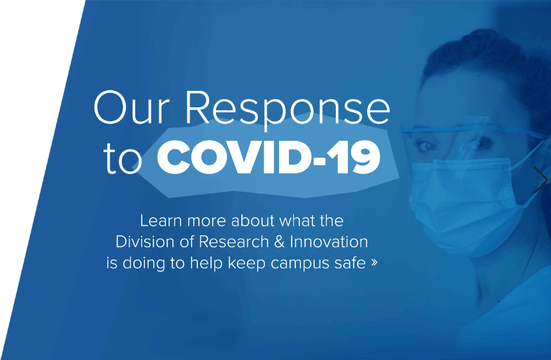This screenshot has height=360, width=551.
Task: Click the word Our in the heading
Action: [x=132, y=107]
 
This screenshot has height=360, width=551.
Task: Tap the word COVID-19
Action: [x=269, y=156]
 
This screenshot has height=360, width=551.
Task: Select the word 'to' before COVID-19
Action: [x=122, y=159]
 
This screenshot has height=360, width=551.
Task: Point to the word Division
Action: [x=145, y=242]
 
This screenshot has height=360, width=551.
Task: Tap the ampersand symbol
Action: [x=279, y=242]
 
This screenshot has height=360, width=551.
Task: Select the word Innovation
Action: [x=329, y=242]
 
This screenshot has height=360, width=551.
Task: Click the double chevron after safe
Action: [x=374, y=263]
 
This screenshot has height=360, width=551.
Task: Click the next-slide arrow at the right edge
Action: [x=541, y=180]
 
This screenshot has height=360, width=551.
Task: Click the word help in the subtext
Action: [x=206, y=264]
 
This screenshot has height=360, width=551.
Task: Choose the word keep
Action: [x=247, y=264]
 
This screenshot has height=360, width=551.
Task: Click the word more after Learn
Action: [x=206, y=222]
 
